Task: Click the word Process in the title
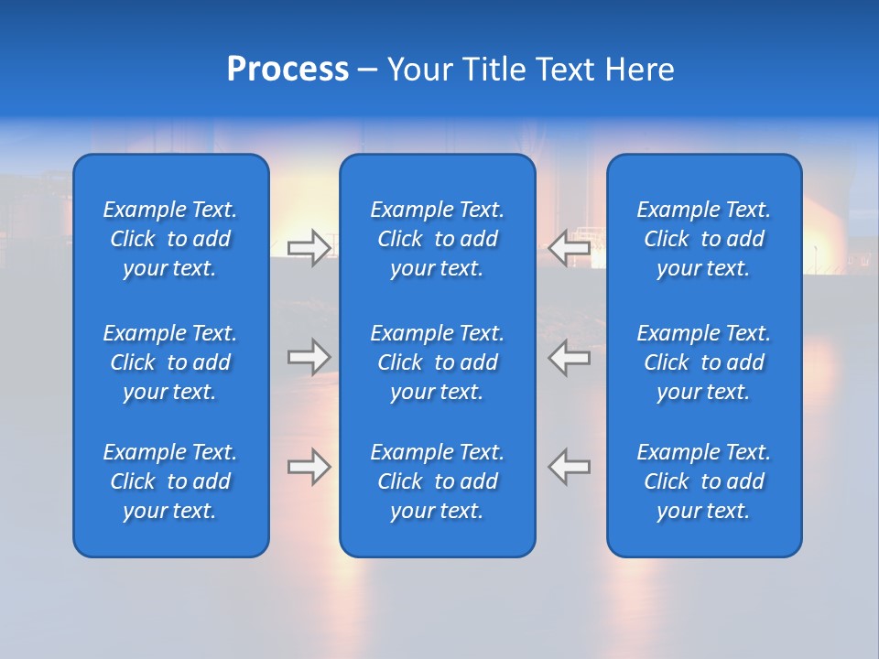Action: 288,70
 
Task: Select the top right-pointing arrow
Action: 309,248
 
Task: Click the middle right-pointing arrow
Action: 309,357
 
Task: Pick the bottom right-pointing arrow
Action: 309,467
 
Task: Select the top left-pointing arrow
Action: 570,247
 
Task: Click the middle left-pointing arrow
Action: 570,357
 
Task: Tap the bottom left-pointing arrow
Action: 570,467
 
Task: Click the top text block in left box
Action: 170,239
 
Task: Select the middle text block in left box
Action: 170,362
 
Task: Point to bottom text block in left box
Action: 170,481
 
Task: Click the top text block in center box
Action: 437,239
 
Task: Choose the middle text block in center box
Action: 437,362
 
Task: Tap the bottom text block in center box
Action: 437,481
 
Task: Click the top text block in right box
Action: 704,239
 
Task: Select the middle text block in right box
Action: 704,362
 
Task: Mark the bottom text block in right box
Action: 704,481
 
